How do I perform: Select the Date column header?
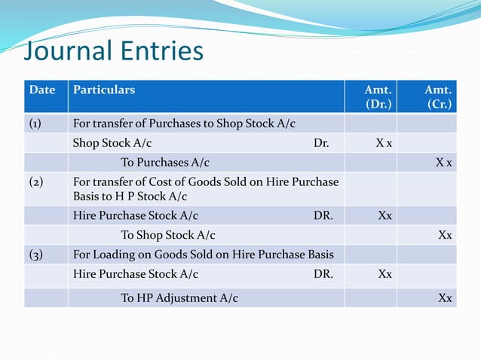pos(42,90)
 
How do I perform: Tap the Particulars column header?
pos(104,90)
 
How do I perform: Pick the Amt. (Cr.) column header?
pos(438,97)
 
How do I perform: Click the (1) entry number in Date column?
pos(36,124)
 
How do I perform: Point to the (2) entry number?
pos(36,182)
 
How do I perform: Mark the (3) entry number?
pos(36,255)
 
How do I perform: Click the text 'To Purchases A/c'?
pos(165,163)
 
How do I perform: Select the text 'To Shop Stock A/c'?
pos(168,235)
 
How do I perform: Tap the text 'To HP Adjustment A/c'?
pos(179,297)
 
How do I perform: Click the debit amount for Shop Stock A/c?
pos(384,143)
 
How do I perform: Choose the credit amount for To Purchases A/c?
pos(444,163)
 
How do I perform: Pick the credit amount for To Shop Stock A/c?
pos(445,235)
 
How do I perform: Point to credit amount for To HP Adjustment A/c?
pos(445,297)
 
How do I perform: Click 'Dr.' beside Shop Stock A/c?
pos(321,143)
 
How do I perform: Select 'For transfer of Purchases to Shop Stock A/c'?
pos(184,124)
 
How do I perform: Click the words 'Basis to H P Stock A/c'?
pos(130,197)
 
